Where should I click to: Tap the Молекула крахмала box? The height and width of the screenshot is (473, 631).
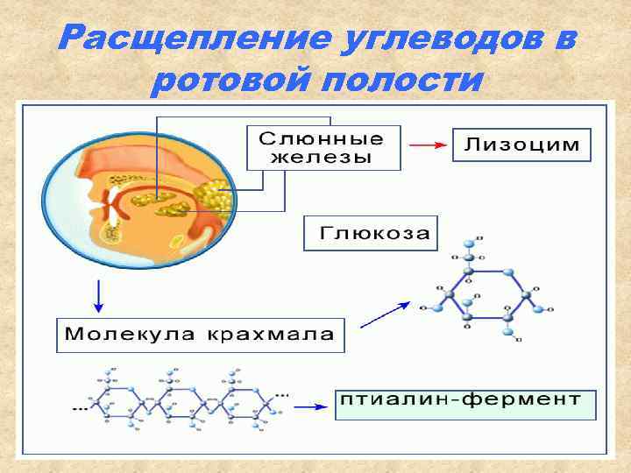click(200, 334)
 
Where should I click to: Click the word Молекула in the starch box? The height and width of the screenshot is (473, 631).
click(130, 334)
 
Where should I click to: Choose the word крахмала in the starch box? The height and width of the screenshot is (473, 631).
click(270, 334)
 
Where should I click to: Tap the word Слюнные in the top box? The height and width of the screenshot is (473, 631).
click(322, 138)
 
